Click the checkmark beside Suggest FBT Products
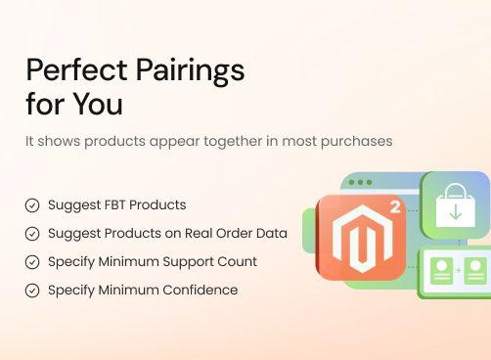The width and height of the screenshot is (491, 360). (32, 205)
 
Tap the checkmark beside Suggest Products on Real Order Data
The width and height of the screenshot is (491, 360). (32, 234)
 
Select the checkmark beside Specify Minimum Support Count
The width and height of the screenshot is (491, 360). (32, 262)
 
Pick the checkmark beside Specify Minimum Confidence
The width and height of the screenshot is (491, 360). (32, 291)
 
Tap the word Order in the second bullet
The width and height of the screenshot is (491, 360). (228, 234)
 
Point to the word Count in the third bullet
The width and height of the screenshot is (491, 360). (238, 262)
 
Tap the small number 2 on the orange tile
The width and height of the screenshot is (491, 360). (395, 207)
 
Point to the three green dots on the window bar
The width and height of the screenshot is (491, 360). (360, 183)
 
